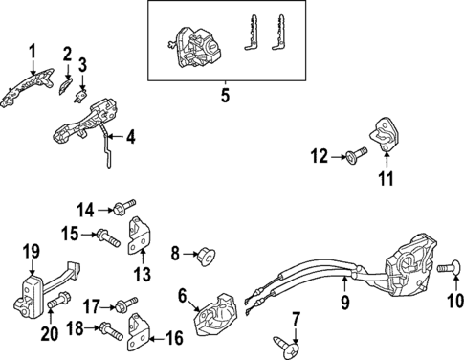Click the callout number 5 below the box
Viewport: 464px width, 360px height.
225,95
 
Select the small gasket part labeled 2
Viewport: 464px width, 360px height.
66,86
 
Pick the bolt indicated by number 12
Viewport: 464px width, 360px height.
357,155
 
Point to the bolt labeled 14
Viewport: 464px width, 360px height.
124,207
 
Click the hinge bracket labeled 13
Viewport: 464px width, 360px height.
140,236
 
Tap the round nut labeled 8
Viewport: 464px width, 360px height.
207,257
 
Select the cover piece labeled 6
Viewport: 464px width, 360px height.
215,315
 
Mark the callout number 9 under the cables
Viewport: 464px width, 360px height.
344,302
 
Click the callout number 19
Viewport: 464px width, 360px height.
32,252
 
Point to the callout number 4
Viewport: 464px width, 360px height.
131,137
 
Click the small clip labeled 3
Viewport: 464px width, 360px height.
80,96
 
